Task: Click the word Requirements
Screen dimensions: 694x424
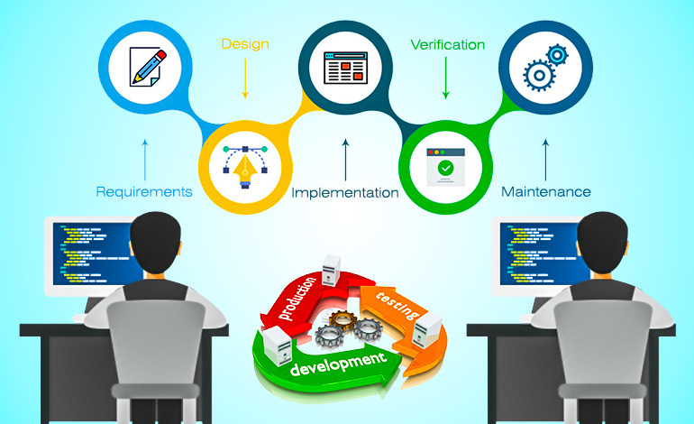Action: (144, 192)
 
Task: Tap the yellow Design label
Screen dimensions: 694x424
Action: (245, 44)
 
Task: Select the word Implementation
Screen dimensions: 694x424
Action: (345, 193)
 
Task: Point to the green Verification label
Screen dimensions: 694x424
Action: (447, 44)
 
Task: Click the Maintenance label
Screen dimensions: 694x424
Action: (545, 192)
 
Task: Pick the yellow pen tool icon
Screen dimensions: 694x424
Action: (245, 167)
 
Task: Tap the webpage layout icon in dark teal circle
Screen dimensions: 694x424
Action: (346, 68)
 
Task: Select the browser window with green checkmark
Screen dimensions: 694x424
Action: (446, 167)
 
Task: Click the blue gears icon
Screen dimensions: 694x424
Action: (545, 68)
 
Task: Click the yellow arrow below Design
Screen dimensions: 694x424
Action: (245, 78)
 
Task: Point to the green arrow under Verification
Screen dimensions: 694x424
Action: (446, 78)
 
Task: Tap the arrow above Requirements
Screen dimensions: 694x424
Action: (145, 160)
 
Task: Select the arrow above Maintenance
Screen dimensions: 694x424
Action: (545, 160)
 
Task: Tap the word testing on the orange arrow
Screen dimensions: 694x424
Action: (397, 305)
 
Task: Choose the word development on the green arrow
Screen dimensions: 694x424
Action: (338, 364)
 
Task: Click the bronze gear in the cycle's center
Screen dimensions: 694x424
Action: (342, 320)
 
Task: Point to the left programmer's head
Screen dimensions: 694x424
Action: (155, 243)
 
